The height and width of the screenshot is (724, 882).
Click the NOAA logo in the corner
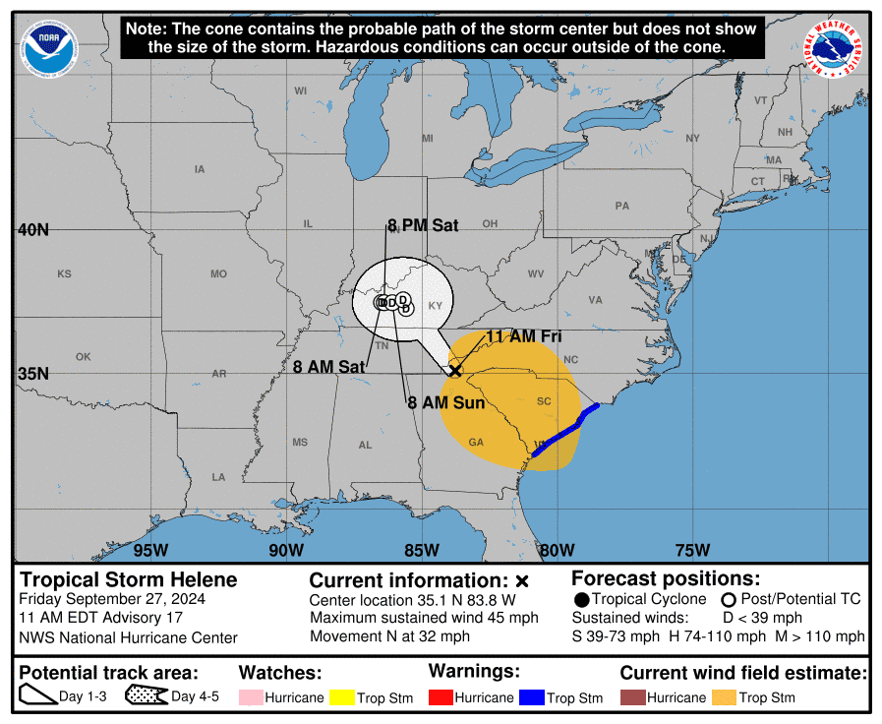click(47, 45)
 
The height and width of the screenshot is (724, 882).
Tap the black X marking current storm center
click(455, 370)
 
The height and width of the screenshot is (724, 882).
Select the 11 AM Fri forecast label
click(523, 336)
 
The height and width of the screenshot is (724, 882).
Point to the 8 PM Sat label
click(423, 225)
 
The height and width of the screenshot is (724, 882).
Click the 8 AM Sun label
click(446, 402)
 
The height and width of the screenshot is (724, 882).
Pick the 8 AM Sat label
click(329, 367)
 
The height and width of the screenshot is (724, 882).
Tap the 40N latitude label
click(32, 229)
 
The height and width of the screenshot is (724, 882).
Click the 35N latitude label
click(32, 373)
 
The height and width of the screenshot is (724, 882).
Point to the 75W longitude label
click(692, 549)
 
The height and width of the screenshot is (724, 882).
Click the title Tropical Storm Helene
click(129, 579)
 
